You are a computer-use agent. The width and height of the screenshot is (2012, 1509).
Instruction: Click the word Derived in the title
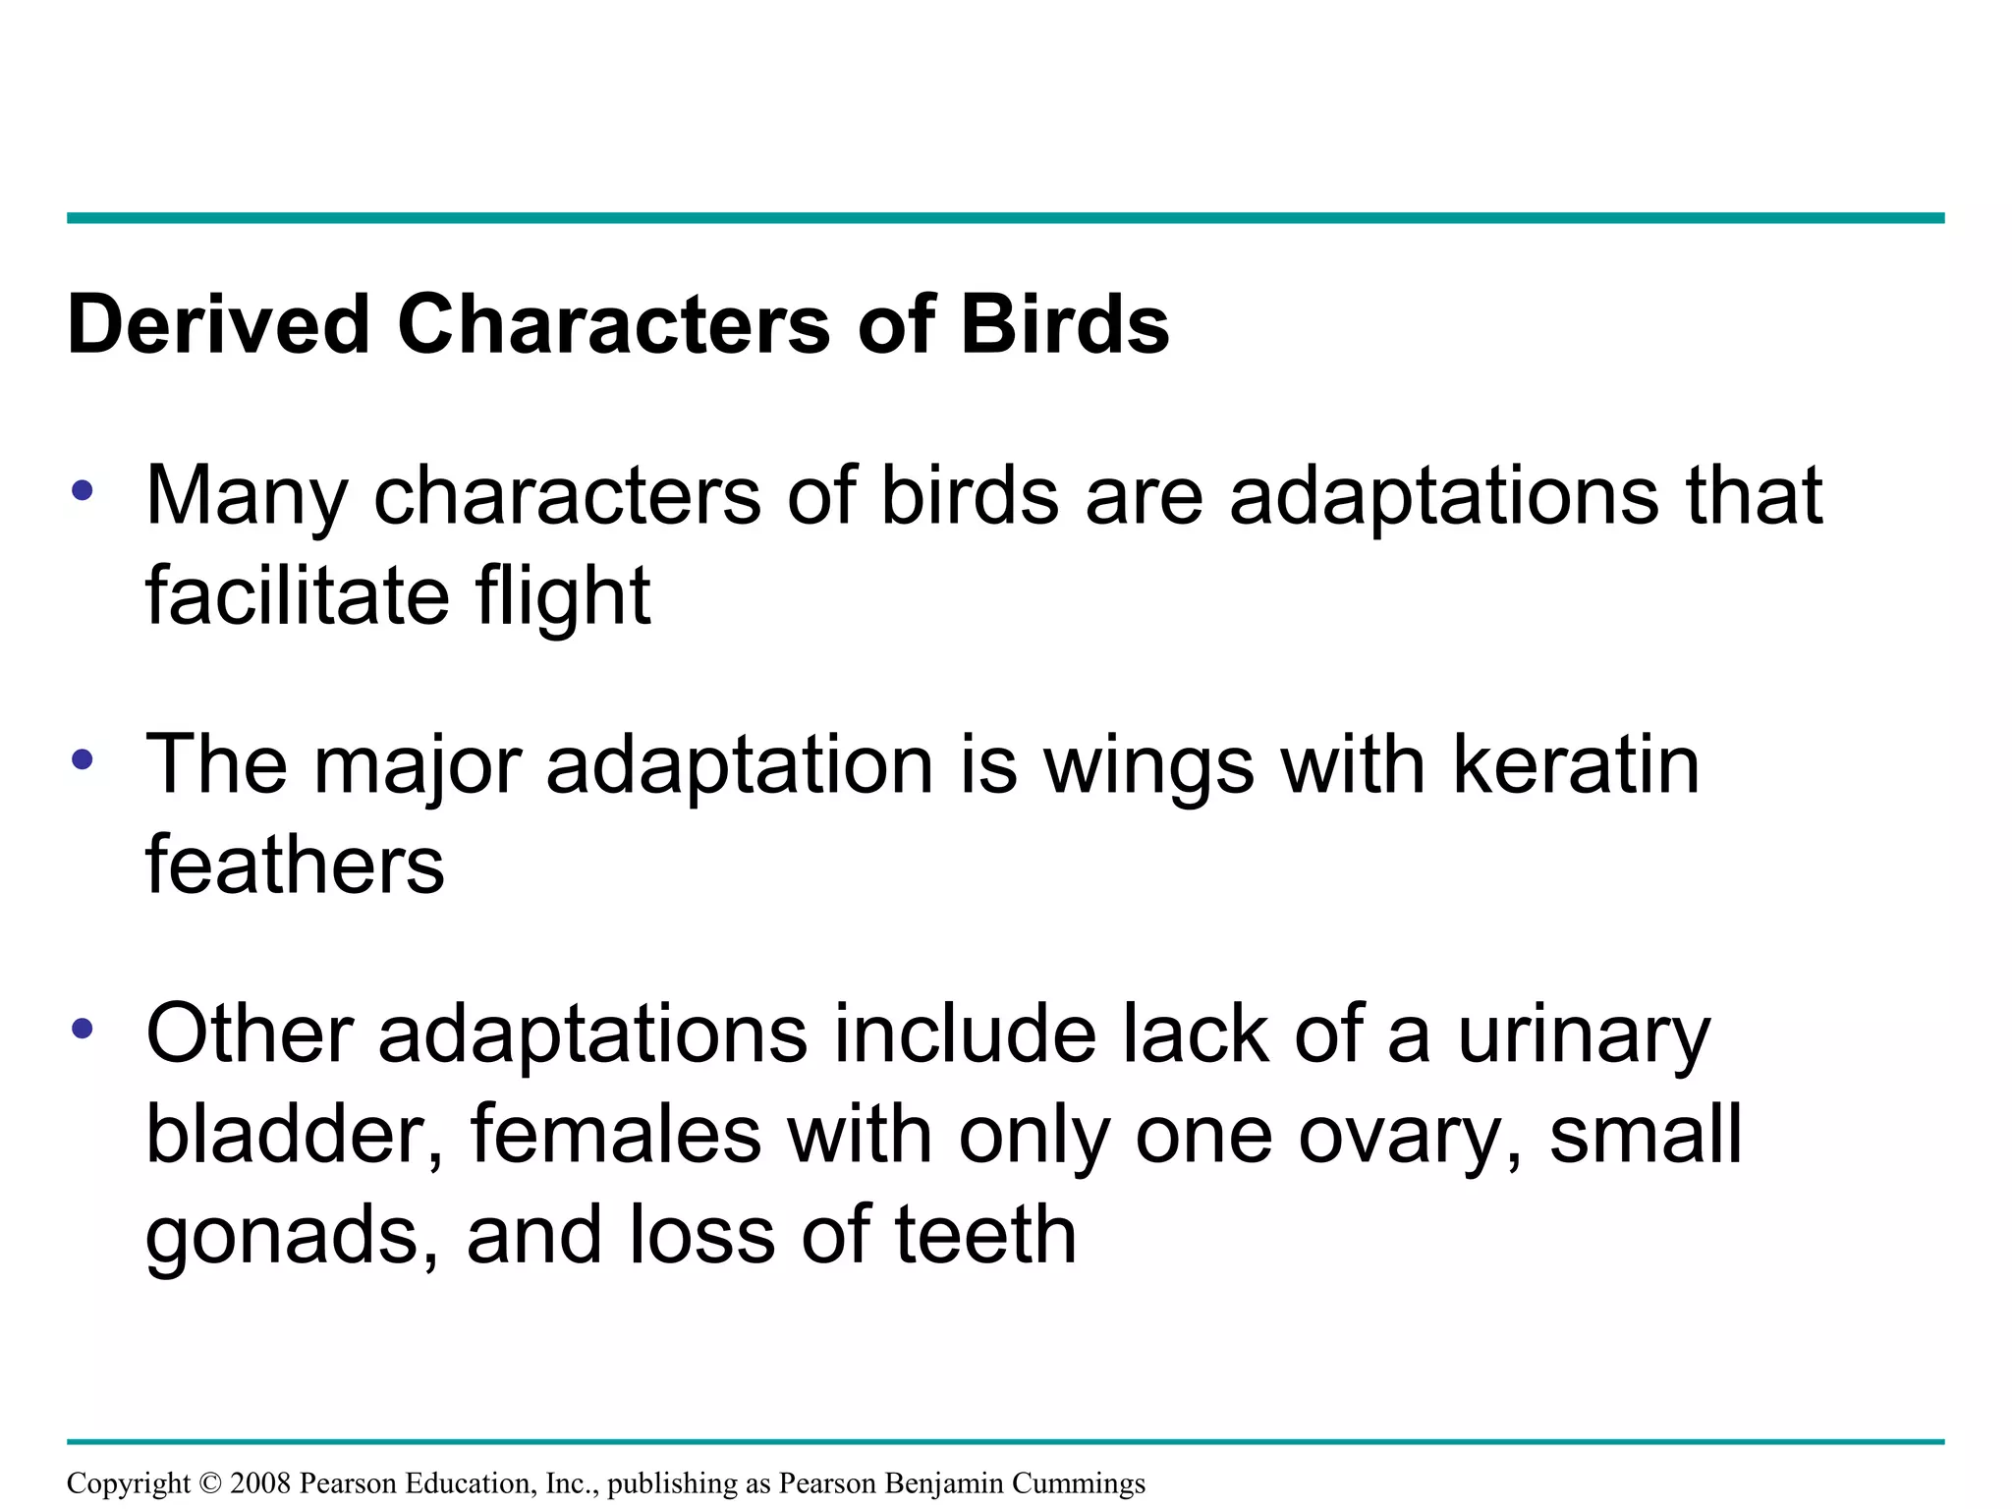(x=218, y=324)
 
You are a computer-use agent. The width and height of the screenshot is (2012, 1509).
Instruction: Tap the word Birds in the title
(x=1064, y=324)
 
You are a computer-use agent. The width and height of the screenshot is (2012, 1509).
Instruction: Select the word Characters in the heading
(x=614, y=324)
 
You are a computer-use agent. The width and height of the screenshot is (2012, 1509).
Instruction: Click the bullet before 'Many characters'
(x=83, y=489)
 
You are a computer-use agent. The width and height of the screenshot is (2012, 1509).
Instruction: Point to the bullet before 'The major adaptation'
(x=83, y=758)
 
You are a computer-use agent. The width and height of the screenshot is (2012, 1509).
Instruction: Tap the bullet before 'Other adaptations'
(x=83, y=1029)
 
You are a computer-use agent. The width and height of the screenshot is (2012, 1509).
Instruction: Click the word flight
(x=562, y=597)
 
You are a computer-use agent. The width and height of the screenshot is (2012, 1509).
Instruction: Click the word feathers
(x=295, y=865)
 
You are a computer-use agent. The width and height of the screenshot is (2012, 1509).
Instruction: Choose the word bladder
(x=294, y=1134)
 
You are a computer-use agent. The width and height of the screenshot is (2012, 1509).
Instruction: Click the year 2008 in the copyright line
(x=260, y=1482)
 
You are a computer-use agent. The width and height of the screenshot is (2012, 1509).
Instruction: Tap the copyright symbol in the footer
(x=210, y=1482)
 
